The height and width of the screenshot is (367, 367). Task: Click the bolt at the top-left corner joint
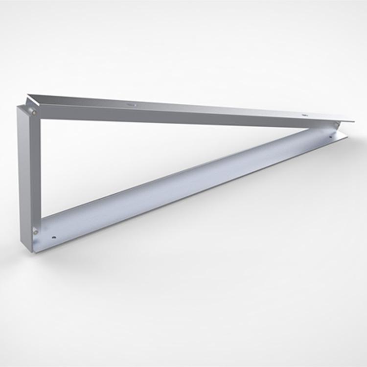click(x=34, y=112)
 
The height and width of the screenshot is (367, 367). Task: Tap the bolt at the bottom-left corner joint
click(x=35, y=230)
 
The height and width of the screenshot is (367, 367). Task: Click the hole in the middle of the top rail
click(x=131, y=104)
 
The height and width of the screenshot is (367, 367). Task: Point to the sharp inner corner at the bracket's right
click(x=308, y=128)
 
